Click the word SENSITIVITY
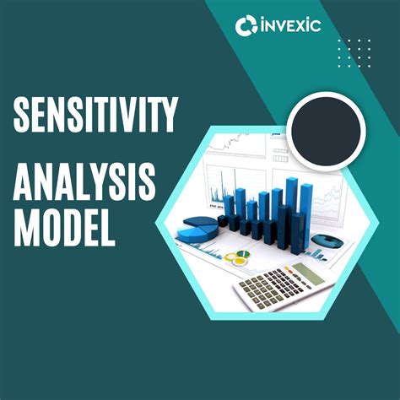pyautogui.click(x=95, y=116)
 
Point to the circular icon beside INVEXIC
pyautogui.click(x=246, y=26)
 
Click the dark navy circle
pyautogui.click(x=325, y=128)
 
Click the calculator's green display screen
pyautogui.click(x=307, y=273)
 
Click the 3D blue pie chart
pyautogui.click(x=199, y=227)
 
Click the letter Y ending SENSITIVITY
pyautogui.click(x=169, y=116)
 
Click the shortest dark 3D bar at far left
pyautogui.click(x=223, y=221)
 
